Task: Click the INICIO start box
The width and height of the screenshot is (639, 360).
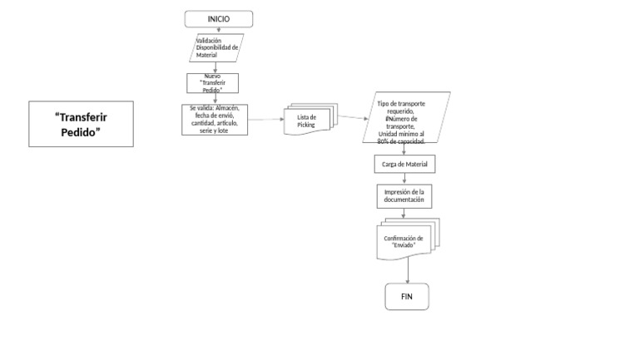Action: point(218,19)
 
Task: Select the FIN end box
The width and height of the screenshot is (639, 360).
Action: point(407,297)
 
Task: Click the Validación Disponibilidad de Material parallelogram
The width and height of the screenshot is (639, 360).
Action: point(217,47)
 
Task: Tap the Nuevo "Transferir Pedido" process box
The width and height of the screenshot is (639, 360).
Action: point(212,83)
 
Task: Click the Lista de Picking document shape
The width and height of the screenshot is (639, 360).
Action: point(308,121)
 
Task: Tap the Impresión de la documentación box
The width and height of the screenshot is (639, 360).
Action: point(404,196)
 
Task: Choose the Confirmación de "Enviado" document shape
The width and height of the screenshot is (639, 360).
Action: point(404,240)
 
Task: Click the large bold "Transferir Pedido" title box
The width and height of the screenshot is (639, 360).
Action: point(82,124)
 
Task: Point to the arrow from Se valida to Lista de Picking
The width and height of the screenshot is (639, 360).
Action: point(265,120)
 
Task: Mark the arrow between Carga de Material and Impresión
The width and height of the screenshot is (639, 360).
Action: point(404,179)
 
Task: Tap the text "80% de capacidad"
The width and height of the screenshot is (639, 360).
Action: point(401,141)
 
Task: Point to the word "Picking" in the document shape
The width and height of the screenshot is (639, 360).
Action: point(307,125)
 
